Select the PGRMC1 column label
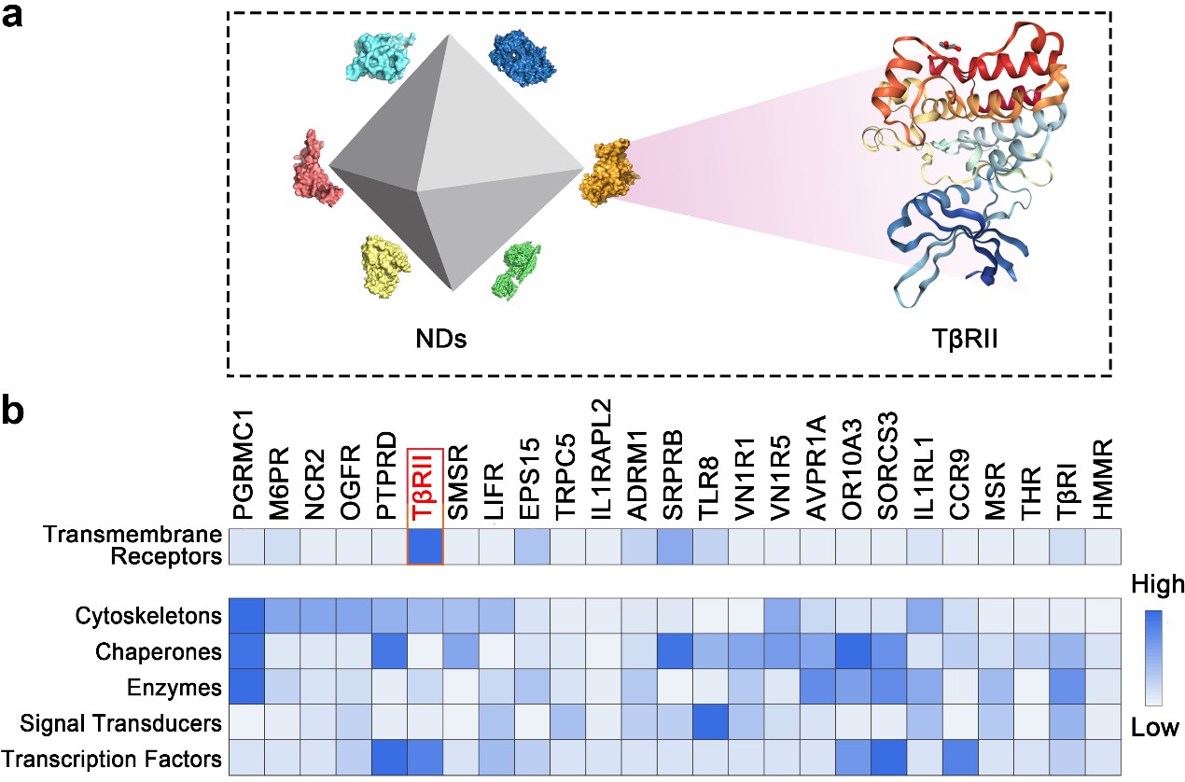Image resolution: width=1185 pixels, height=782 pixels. pos(244,465)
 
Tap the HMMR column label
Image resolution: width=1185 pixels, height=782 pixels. pos(1103,480)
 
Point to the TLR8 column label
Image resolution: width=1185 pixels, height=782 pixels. pos(708,488)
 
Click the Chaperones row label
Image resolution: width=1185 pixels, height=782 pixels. pos(159,651)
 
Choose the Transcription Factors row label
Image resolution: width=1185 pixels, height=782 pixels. pos(111,759)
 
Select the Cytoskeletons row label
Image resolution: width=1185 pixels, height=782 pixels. pos(148,616)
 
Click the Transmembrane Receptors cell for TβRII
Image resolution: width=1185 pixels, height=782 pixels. pos(425,547)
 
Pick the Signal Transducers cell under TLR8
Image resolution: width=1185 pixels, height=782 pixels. pos(710,721)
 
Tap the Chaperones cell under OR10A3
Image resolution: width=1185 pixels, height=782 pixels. pos(854,650)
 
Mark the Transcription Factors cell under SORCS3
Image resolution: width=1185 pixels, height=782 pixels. pos(888,758)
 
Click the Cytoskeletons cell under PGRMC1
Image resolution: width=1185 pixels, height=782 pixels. pos(246,615)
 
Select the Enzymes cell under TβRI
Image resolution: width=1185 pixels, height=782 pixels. pos(1067,686)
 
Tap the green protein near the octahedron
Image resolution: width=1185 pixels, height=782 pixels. pos(516,270)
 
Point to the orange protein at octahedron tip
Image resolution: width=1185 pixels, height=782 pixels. pos(608,173)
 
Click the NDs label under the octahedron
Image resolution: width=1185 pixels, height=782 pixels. pos(441,339)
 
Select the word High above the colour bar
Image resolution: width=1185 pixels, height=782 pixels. pos(1157,585)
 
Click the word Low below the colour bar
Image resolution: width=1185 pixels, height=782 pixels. pos(1155,728)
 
